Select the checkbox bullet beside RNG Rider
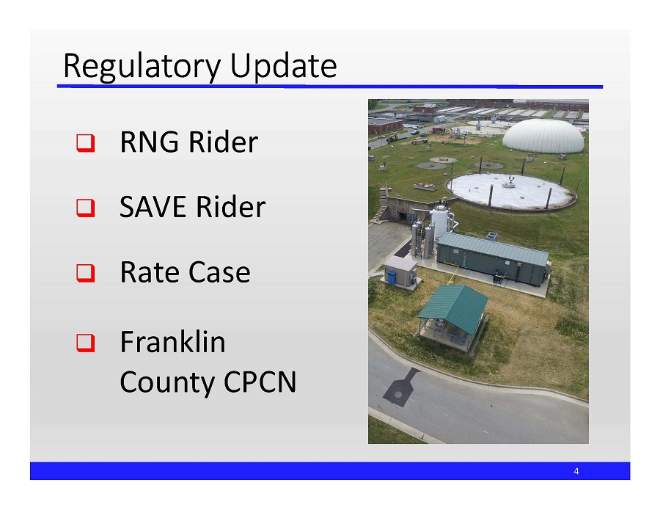point(85,143)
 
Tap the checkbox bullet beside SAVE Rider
point(85,208)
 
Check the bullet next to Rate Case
point(85,274)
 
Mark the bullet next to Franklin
point(85,343)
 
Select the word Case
point(219,273)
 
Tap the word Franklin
point(172,342)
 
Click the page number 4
point(576,471)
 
